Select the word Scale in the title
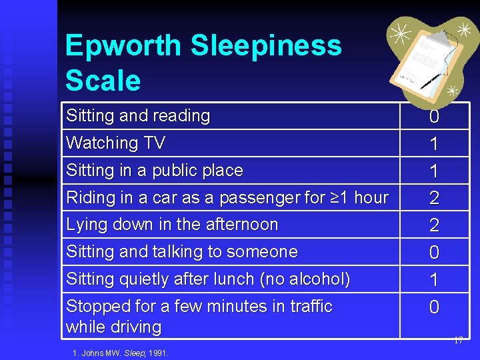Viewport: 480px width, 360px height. click(x=103, y=81)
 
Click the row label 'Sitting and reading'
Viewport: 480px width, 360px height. click(x=138, y=116)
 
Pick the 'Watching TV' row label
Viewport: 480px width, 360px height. click(x=115, y=143)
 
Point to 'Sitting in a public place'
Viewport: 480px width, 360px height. click(x=155, y=171)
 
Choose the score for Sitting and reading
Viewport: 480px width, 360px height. click(x=434, y=117)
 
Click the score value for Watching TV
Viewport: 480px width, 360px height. click(x=434, y=144)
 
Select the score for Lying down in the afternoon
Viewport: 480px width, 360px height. click(x=434, y=225)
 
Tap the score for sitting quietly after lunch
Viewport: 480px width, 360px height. click(x=434, y=280)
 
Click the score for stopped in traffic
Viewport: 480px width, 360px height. click(x=434, y=307)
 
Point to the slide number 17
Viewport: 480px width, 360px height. click(x=458, y=341)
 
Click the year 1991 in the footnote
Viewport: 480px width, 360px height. click(x=159, y=353)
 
